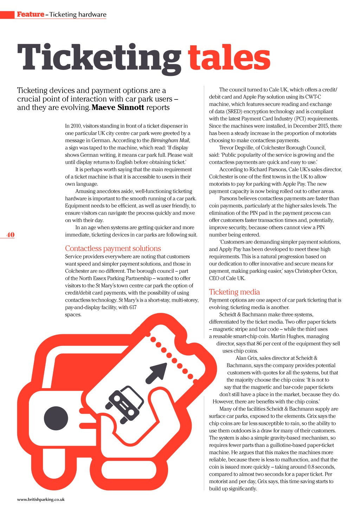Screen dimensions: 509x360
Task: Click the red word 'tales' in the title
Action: (229, 58)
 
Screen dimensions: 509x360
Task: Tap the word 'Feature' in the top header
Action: (31, 14)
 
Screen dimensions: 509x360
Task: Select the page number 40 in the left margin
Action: (11, 235)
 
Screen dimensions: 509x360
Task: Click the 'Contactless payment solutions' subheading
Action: (113, 249)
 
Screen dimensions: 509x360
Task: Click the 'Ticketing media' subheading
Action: (234, 292)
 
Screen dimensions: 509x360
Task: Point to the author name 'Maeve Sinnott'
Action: (118, 108)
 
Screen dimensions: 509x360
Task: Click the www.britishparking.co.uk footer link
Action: (41, 499)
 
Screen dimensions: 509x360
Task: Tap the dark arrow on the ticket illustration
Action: (156, 373)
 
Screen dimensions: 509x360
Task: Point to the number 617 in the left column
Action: (133, 307)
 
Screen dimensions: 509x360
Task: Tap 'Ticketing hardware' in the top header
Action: (78, 14)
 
